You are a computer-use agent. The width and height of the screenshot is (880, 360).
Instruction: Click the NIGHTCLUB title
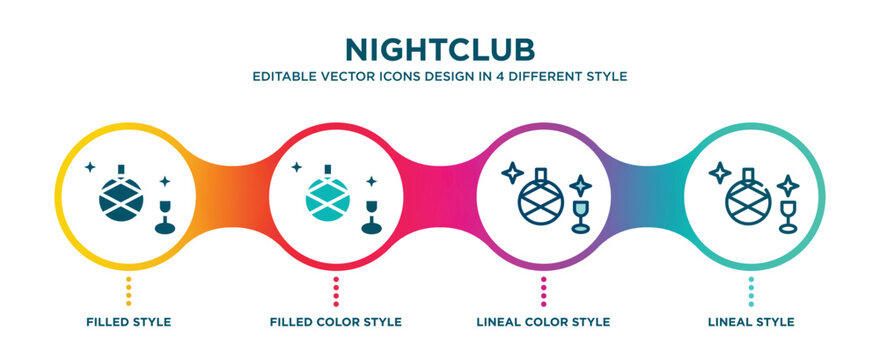440,50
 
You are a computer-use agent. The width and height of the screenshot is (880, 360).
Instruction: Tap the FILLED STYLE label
128,322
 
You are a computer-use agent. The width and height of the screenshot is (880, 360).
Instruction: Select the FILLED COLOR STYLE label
336,322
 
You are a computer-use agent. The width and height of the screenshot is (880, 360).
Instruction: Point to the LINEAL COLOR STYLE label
543,322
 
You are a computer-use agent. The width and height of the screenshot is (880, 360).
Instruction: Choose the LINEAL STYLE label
751,322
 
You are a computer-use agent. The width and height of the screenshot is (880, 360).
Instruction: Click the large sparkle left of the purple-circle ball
513,172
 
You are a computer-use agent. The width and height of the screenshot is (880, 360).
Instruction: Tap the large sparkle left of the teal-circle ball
720,172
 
